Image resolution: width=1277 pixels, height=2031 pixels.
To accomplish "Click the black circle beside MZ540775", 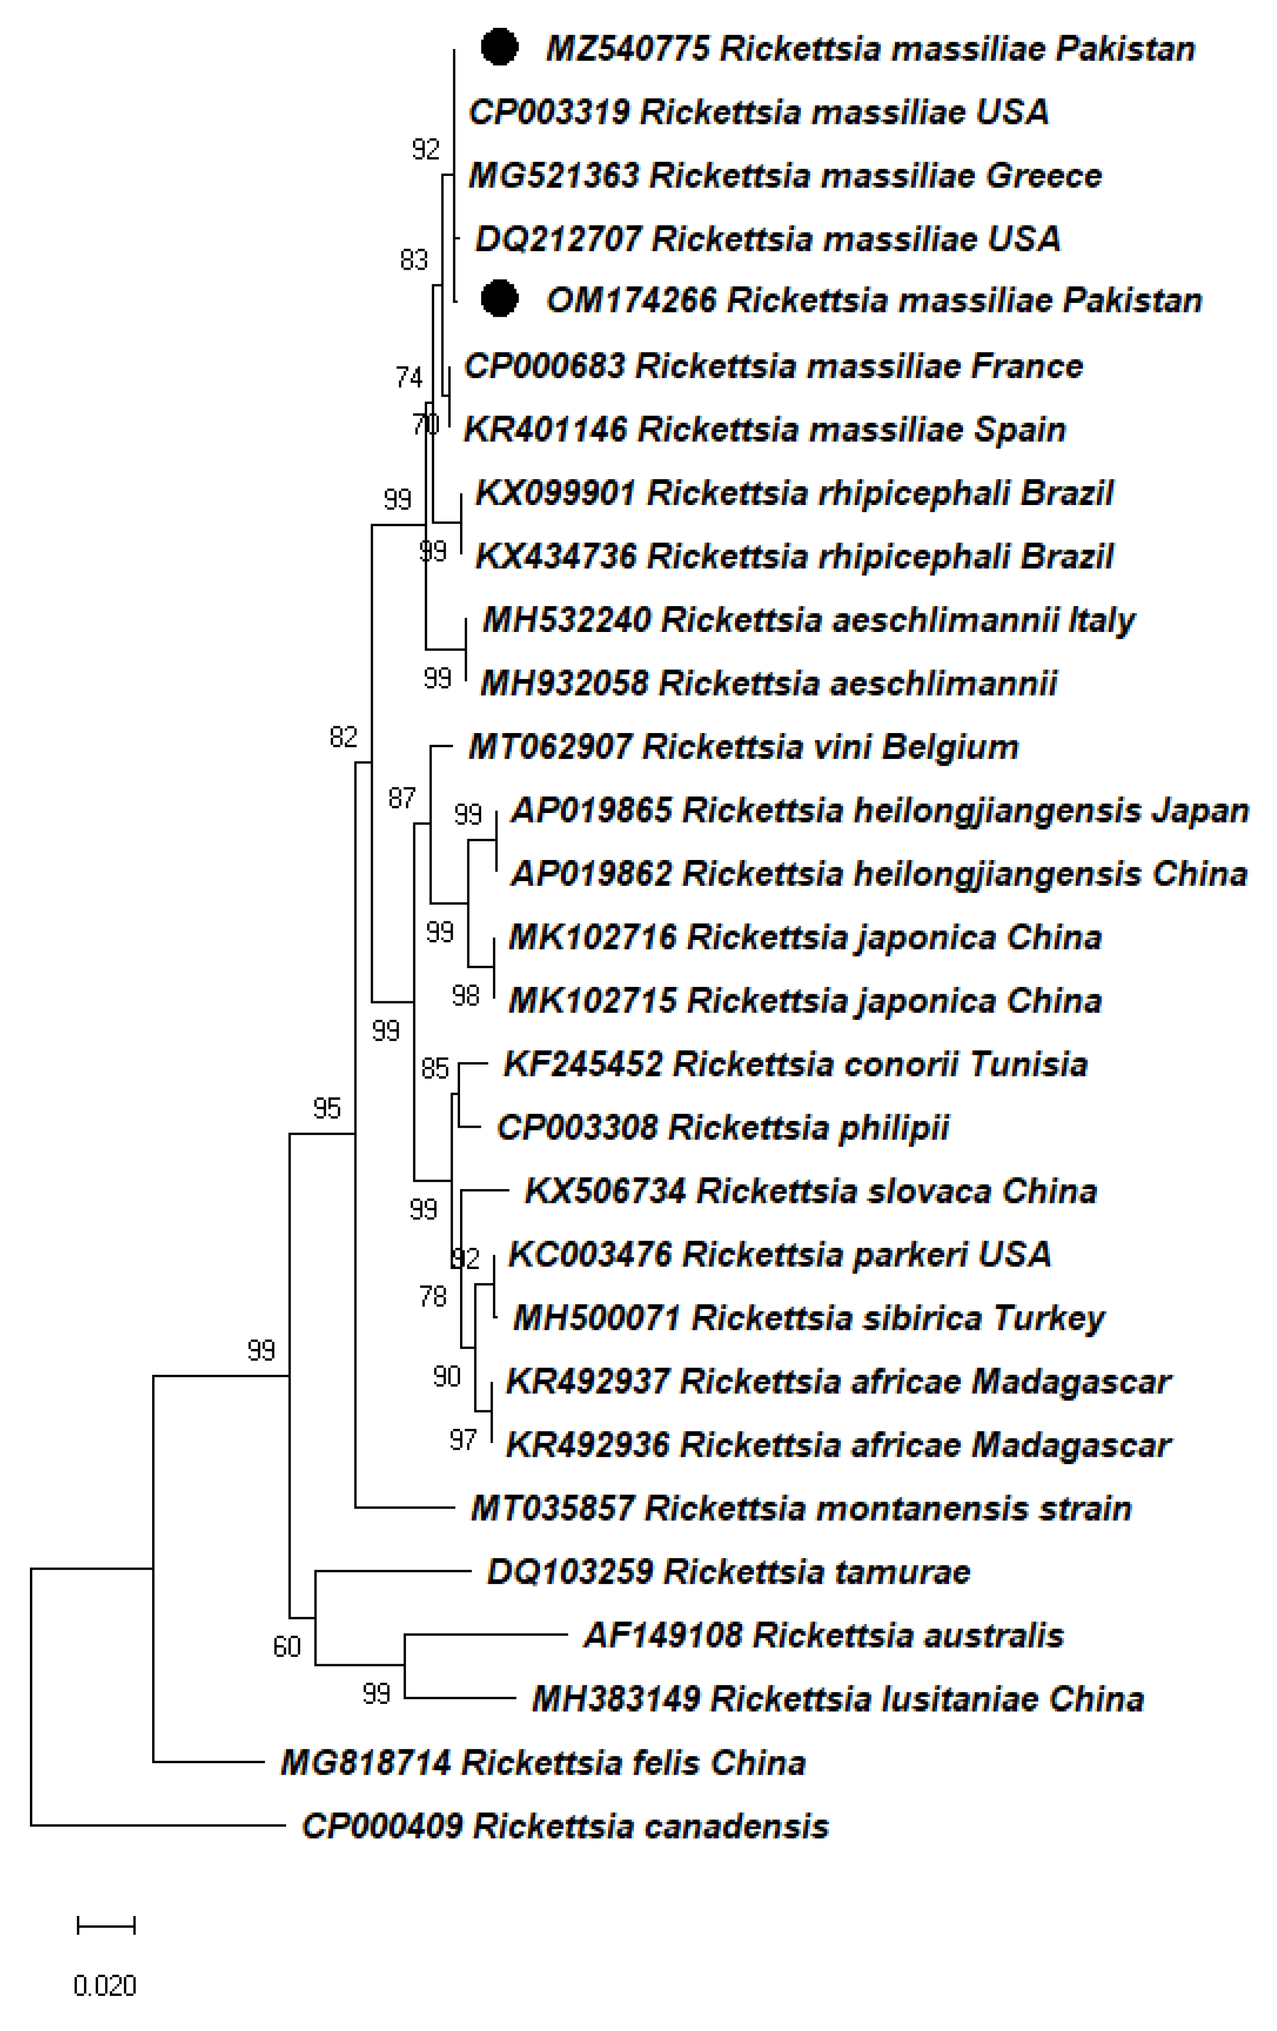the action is click(499, 47).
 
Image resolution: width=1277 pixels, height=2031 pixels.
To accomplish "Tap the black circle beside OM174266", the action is click(499, 299).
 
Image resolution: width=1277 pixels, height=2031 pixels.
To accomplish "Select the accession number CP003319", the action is click(548, 112).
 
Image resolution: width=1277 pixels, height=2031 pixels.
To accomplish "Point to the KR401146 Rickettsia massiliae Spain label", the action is click(764, 429).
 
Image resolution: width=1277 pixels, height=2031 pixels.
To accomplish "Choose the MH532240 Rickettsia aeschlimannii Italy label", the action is click(808, 620).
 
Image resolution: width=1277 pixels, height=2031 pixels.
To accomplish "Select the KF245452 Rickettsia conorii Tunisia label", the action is click(795, 1064).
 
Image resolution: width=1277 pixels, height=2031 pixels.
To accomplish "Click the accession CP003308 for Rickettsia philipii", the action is click(577, 1128).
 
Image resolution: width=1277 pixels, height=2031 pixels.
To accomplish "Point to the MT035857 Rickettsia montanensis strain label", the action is click(800, 1508).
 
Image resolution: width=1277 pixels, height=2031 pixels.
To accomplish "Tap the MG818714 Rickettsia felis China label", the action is click(543, 1762).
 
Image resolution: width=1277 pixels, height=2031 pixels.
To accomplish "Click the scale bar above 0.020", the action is click(105, 1925).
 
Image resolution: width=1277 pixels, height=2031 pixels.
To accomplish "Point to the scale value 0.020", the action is click(105, 1986).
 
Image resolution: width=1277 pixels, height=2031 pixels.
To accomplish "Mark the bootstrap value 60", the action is click(287, 1646).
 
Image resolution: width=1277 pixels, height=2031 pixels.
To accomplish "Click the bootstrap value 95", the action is click(326, 1108).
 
